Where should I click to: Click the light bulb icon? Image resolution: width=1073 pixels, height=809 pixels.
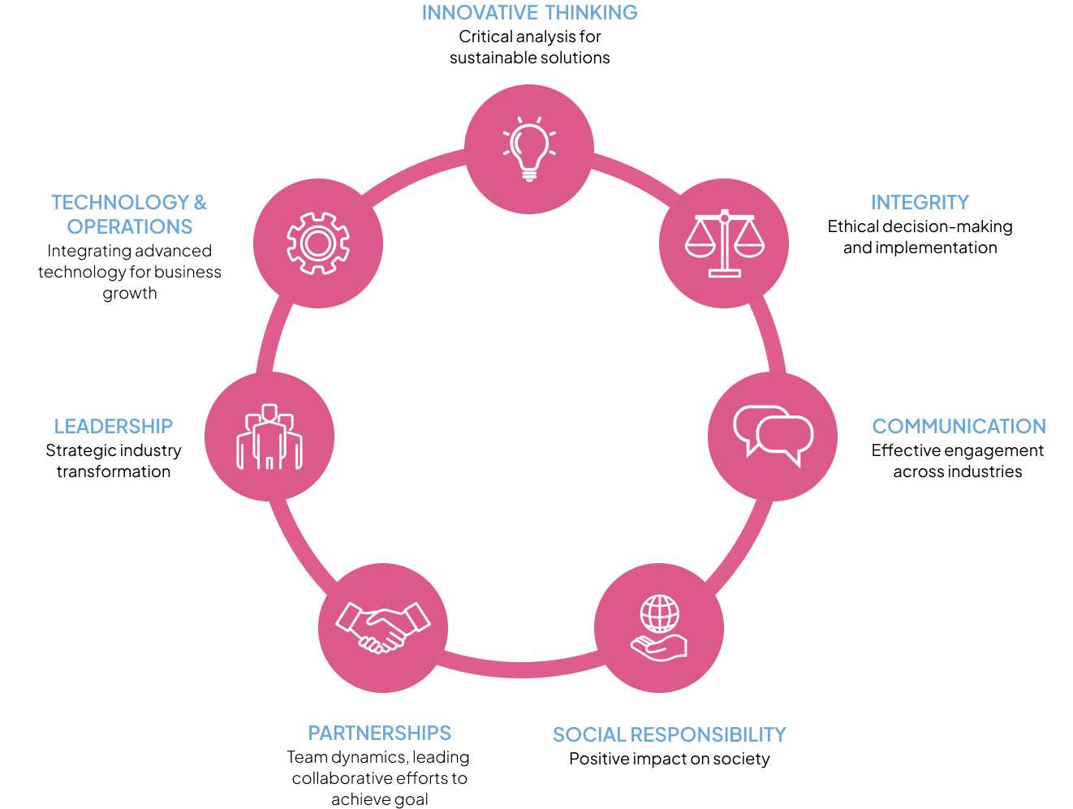[529, 149]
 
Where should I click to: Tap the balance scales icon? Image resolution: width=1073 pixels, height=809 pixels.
[724, 243]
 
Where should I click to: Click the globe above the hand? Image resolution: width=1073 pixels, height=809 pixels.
[659, 613]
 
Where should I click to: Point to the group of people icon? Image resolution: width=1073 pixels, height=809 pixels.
[269, 437]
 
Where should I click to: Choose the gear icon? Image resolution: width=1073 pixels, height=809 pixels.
[318, 243]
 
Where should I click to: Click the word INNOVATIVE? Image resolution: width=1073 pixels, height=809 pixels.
[480, 13]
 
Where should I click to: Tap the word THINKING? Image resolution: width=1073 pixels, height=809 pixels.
[591, 13]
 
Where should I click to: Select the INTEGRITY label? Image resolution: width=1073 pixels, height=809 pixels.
[920, 202]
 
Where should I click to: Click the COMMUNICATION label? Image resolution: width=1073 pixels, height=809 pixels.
[959, 426]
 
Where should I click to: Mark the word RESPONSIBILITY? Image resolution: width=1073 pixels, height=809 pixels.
[709, 735]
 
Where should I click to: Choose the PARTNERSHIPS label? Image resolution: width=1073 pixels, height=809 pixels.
[380, 734]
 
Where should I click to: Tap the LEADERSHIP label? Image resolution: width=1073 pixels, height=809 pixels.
[114, 426]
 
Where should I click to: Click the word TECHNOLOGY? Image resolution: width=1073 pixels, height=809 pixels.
[120, 202]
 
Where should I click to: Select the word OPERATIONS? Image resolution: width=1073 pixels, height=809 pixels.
[130, 226]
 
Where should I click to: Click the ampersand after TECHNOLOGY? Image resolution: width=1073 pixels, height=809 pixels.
[200, 202]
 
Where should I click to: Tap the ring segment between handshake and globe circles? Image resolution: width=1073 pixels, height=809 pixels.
[521, 669]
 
